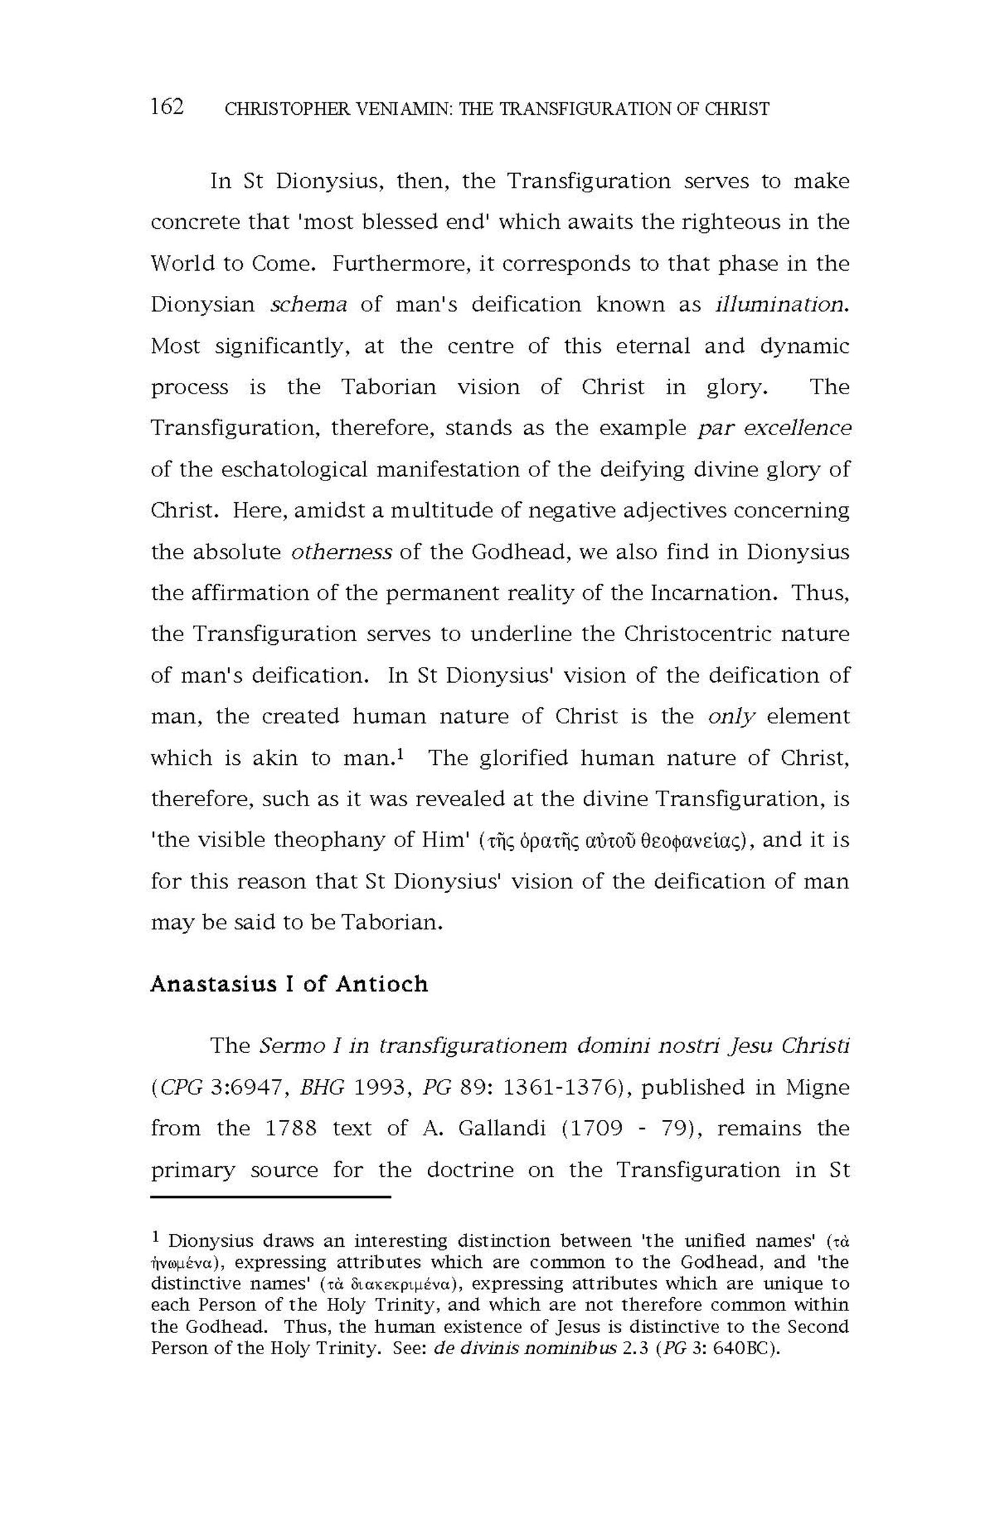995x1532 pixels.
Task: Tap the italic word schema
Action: pos(309,305)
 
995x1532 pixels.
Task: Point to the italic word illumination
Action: pos(782,305)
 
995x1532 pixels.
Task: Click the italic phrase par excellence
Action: pos(774,428)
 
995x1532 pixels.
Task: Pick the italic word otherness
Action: pos(341,552)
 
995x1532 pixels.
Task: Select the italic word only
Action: pos(732,717)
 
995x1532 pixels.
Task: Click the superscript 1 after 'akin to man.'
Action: pos(402,754)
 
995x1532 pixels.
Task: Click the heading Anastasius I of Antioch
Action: pos(289,983)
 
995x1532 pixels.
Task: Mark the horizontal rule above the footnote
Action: pos(271,1197)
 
